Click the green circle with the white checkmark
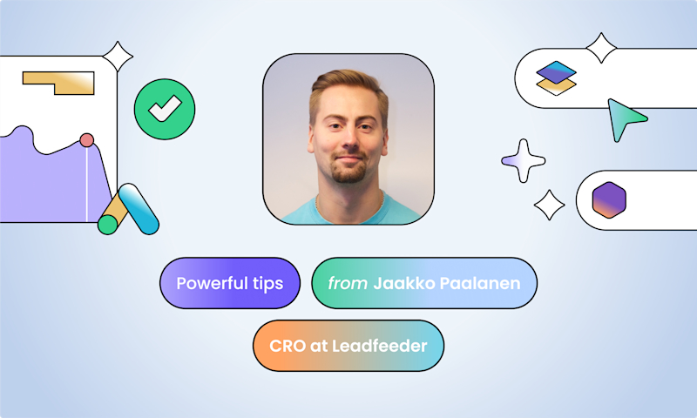(165, 109)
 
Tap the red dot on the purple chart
(86, 139)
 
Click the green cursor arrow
(625, 118)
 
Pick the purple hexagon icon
(608, 199)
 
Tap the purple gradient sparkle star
(523, 160)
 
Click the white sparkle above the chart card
(118, 57)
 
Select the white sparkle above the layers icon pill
(601, 48)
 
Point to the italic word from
(345, 283)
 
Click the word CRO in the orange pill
(288, 346)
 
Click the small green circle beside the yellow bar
(107, 225)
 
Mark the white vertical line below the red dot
(87, 183)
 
